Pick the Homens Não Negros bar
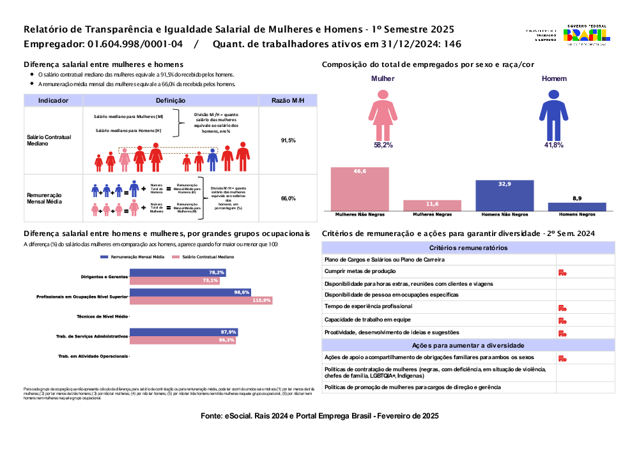point(505,195)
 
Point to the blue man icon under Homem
point(553,115)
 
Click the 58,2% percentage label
point(383,145)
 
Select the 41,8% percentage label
point(553,145)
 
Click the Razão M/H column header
point(288,101)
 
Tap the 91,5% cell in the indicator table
point(288,140)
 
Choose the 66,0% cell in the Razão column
point(288,198)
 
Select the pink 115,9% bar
point(201,300)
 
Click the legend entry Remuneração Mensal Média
point(132,256)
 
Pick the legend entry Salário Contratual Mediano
point(204,256)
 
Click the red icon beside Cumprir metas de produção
point(562,272)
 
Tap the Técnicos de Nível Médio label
point(102,316)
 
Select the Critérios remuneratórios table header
point(468,248)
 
